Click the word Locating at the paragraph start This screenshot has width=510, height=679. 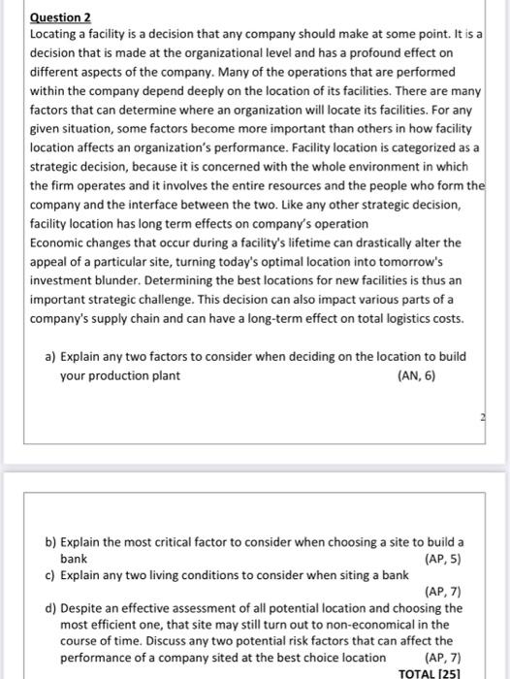pos(56,34)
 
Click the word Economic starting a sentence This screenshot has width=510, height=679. pos(61,242)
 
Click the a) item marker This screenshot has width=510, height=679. pos(51,356)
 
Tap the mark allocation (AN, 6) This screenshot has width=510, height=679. pos(416,375)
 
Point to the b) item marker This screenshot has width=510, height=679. pos(51,541)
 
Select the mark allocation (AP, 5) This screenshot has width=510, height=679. pos(444,559)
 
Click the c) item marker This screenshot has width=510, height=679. pos(51,575)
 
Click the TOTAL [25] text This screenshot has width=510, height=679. pos(430,672)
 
